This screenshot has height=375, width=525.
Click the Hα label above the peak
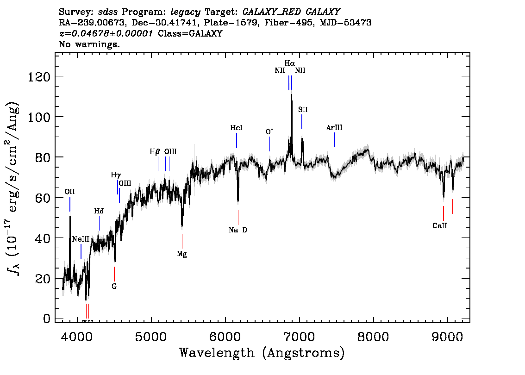click(x=290, y=63)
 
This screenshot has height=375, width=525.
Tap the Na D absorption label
click(x=237, y=230)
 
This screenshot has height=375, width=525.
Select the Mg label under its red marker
click(x=182, y=254)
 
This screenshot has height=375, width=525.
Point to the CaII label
click(x=440, y=225)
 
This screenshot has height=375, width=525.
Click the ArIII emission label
click(x=334, y=128)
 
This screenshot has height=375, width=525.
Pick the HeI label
click(x=236, y=128)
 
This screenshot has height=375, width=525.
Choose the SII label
click(x=303, y=109)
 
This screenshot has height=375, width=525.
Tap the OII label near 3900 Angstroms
click(x=69, y=192)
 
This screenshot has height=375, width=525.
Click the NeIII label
click(x=81, y=239)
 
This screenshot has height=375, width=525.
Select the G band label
click(x=114, y=286)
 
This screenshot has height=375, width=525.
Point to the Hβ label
click(x=154, y=152)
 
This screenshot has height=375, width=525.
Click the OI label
click(x=269, y=132)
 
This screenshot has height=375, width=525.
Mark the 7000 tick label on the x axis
click(x=299, y=337)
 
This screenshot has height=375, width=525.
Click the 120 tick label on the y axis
click(x=39, y=77)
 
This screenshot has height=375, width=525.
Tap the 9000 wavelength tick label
click(x=447, y=337)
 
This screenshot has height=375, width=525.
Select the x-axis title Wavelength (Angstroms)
click(x=262, y=353)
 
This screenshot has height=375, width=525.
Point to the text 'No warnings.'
click(x=89, y=44)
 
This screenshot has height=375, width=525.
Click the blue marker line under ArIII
click(x=334, y=140)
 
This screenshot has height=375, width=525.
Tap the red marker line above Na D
click(x=238, y=218)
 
